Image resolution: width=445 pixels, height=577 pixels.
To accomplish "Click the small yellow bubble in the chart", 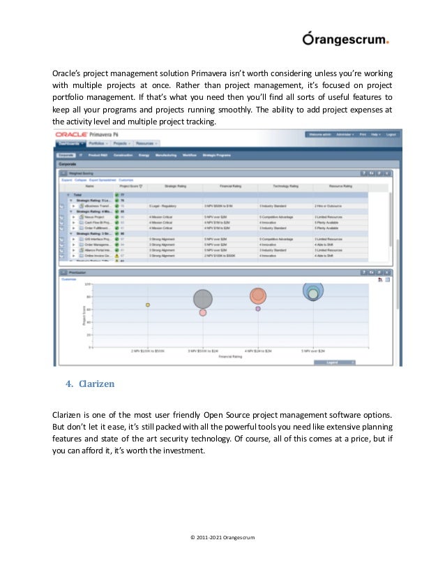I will pos(148,305).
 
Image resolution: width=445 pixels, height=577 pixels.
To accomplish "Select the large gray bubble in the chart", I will pos(203,299).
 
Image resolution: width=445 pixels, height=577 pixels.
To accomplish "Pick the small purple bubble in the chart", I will pos(258,308).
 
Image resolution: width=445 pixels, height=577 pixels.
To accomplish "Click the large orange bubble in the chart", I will pos(258,296).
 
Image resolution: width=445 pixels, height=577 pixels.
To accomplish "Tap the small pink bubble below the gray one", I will pos(203,313).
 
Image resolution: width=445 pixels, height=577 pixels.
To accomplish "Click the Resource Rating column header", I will pos(339,187).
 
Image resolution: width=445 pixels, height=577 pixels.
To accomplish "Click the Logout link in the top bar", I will pos(391,134).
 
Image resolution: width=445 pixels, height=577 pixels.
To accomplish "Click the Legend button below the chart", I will pos(333,363).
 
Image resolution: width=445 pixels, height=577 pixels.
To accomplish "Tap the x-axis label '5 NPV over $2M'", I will pos(314,351).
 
